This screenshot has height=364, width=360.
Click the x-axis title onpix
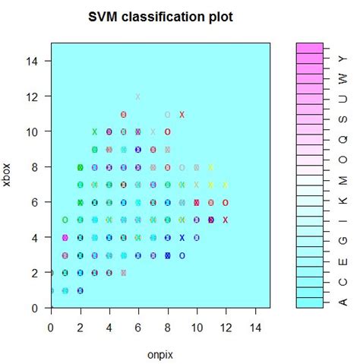[160, 353]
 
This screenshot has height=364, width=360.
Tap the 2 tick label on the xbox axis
[36, 273]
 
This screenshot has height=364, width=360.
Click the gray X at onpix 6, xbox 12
[138, 97]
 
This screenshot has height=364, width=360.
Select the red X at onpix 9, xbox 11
[182, 115]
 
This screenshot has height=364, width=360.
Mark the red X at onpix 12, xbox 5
[226, 220]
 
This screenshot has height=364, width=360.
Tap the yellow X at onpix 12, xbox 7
[226, 185]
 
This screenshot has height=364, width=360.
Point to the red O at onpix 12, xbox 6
[226, 202]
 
